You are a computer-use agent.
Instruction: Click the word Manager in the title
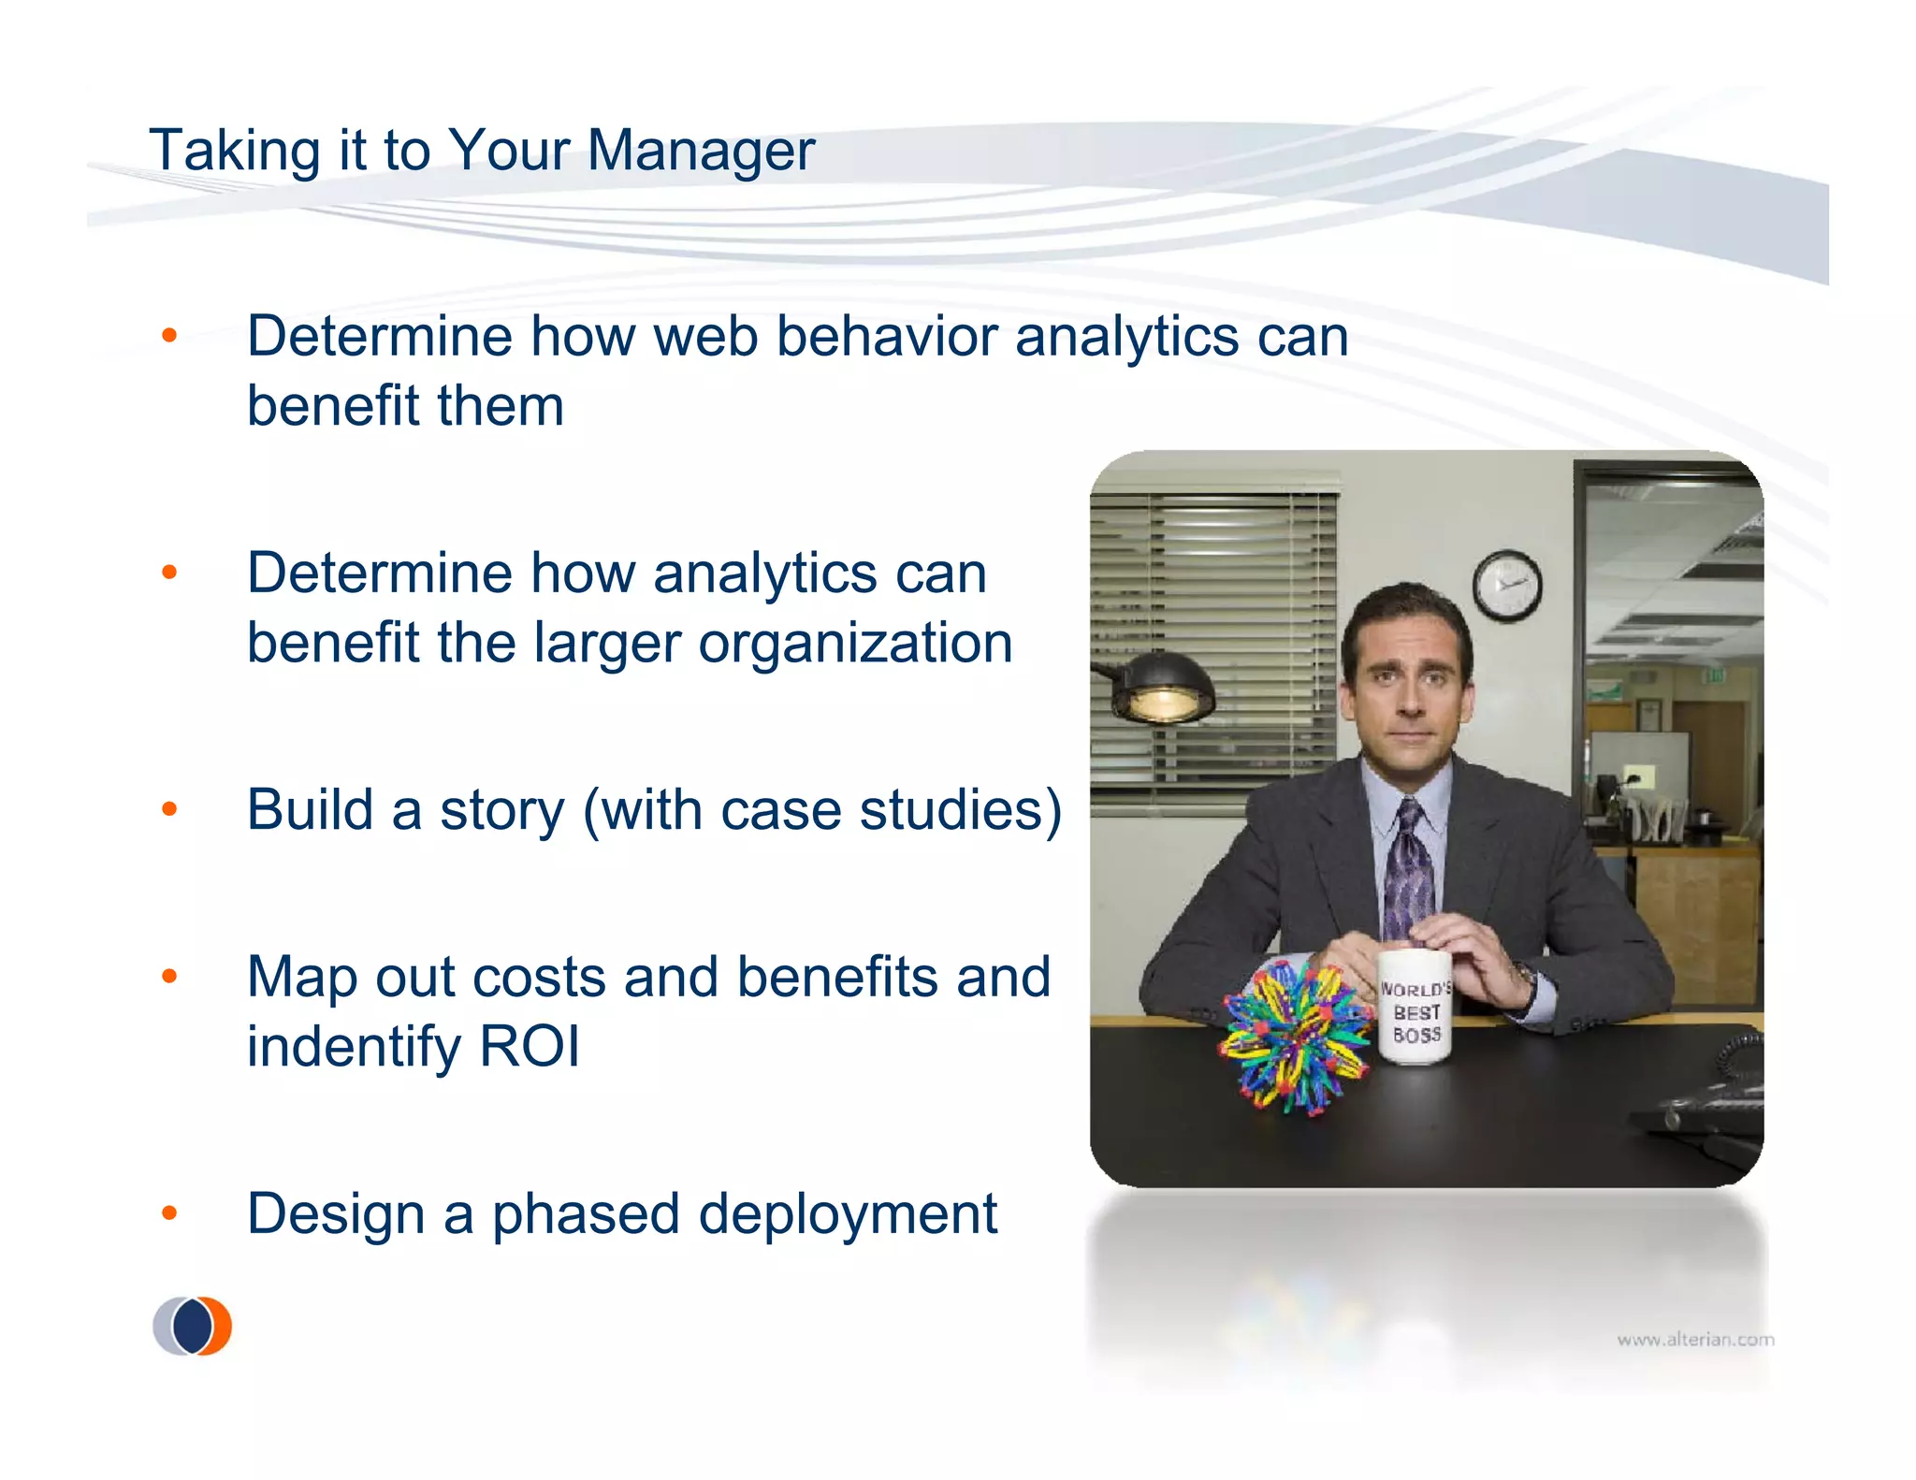click(701, 151)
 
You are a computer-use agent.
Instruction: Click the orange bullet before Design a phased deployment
click(169, 1213)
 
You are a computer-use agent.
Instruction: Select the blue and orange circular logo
click(193, 1326)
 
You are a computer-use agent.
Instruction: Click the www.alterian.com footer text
click(1695, 1340)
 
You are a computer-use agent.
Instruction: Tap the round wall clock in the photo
click(1506, 586)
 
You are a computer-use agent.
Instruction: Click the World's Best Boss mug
click(1415, 1008)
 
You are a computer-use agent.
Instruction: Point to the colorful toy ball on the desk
click(1296, 1038)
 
